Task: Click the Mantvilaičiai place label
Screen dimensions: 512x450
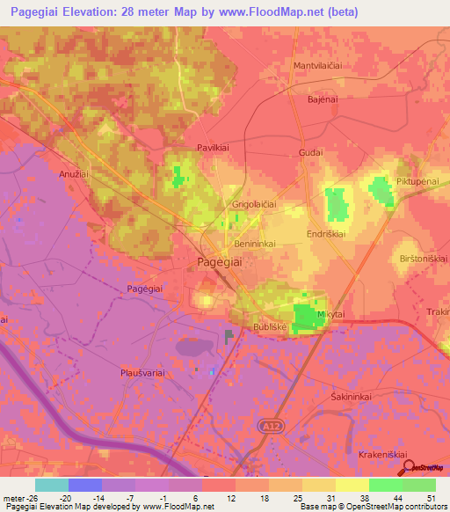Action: [x=316, y=66]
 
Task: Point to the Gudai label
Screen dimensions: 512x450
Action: [x=311, y=152]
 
